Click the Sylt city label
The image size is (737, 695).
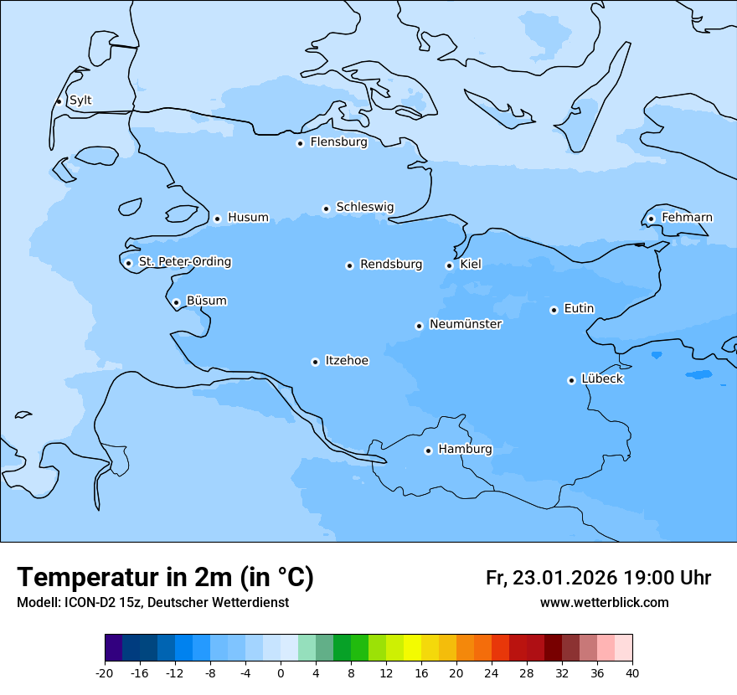pyautogui.click(x=80, y=100)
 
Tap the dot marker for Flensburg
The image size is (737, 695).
pyautogui.click(x=300, y=143)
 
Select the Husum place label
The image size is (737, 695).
pyautogui.click(x=248, y=218)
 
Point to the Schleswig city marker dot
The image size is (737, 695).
pyautogui.click(x=326, y=208)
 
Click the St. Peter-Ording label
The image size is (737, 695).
pyautogui.click(x=184, y=262)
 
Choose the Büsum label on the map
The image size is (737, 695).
pyautogui.click(x=206, y=301)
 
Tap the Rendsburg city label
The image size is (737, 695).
pyautogui.click(x=391, y=265)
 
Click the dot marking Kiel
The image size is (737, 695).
pyautogui.click(x=449, y=265)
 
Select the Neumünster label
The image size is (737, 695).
pyautogui.click(x=466, y=324)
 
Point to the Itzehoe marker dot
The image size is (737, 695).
pyautogui.click(x=315, y=362)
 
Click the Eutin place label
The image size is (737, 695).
pyautogui.click(x=579, y=309)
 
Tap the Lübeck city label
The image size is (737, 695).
pyautogui.click(x=602, y=378)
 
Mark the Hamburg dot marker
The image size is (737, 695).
pyautogui.click(x=428, y=450)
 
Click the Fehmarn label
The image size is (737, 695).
pyautogui.click(x=687, y=218)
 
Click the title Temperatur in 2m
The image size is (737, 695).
pyautogui.click(x=165, y=577)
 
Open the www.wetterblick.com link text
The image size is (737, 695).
pyautogui.click(x=604, y=603)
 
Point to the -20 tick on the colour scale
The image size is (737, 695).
pyautogui.click(x=105, y=673)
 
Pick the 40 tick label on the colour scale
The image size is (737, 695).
pyautogui.click(x=632, y=673)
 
